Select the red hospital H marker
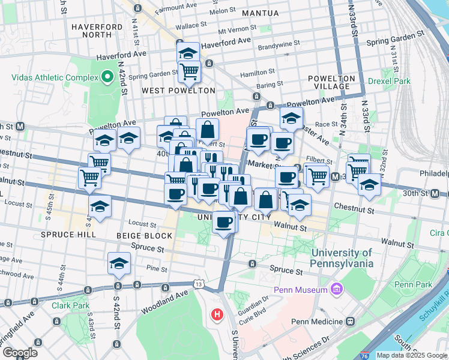(x=216, y=314)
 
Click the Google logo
(x=20, y=353)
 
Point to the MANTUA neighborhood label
(x=260, y=13)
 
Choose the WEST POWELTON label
(x=178, y=91)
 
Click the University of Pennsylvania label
(x=342, y=258)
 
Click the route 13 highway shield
(x=197, y=283)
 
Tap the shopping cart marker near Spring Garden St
(x=189, y=72)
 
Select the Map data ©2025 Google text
(x=412, y=355)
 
